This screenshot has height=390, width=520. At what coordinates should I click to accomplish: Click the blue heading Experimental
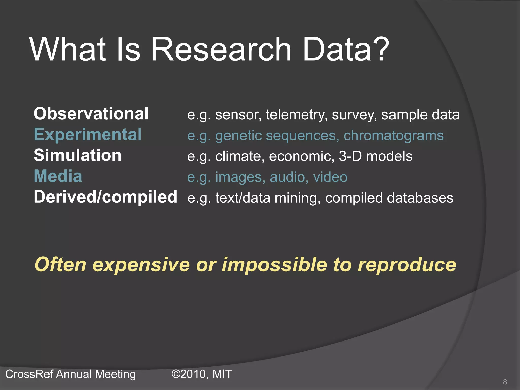[x=88, y=135]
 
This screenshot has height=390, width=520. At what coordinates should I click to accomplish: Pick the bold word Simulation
[x=77, y=155]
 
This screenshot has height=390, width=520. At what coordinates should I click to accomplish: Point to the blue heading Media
[x=58, y=176]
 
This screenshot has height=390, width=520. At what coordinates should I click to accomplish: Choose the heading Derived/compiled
[x=105, y=197]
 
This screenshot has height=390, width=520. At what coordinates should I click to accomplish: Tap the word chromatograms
[x=393, y=136]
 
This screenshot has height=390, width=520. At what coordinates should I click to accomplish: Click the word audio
[x=287, y=177]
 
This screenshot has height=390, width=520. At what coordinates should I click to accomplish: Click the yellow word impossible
[x=274, y=265]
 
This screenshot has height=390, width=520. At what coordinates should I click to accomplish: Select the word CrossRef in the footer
[x=29, y=374]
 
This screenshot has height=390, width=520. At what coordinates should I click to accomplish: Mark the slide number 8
[x=505, y=382]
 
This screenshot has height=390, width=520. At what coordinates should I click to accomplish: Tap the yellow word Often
[x=60, y=265]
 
